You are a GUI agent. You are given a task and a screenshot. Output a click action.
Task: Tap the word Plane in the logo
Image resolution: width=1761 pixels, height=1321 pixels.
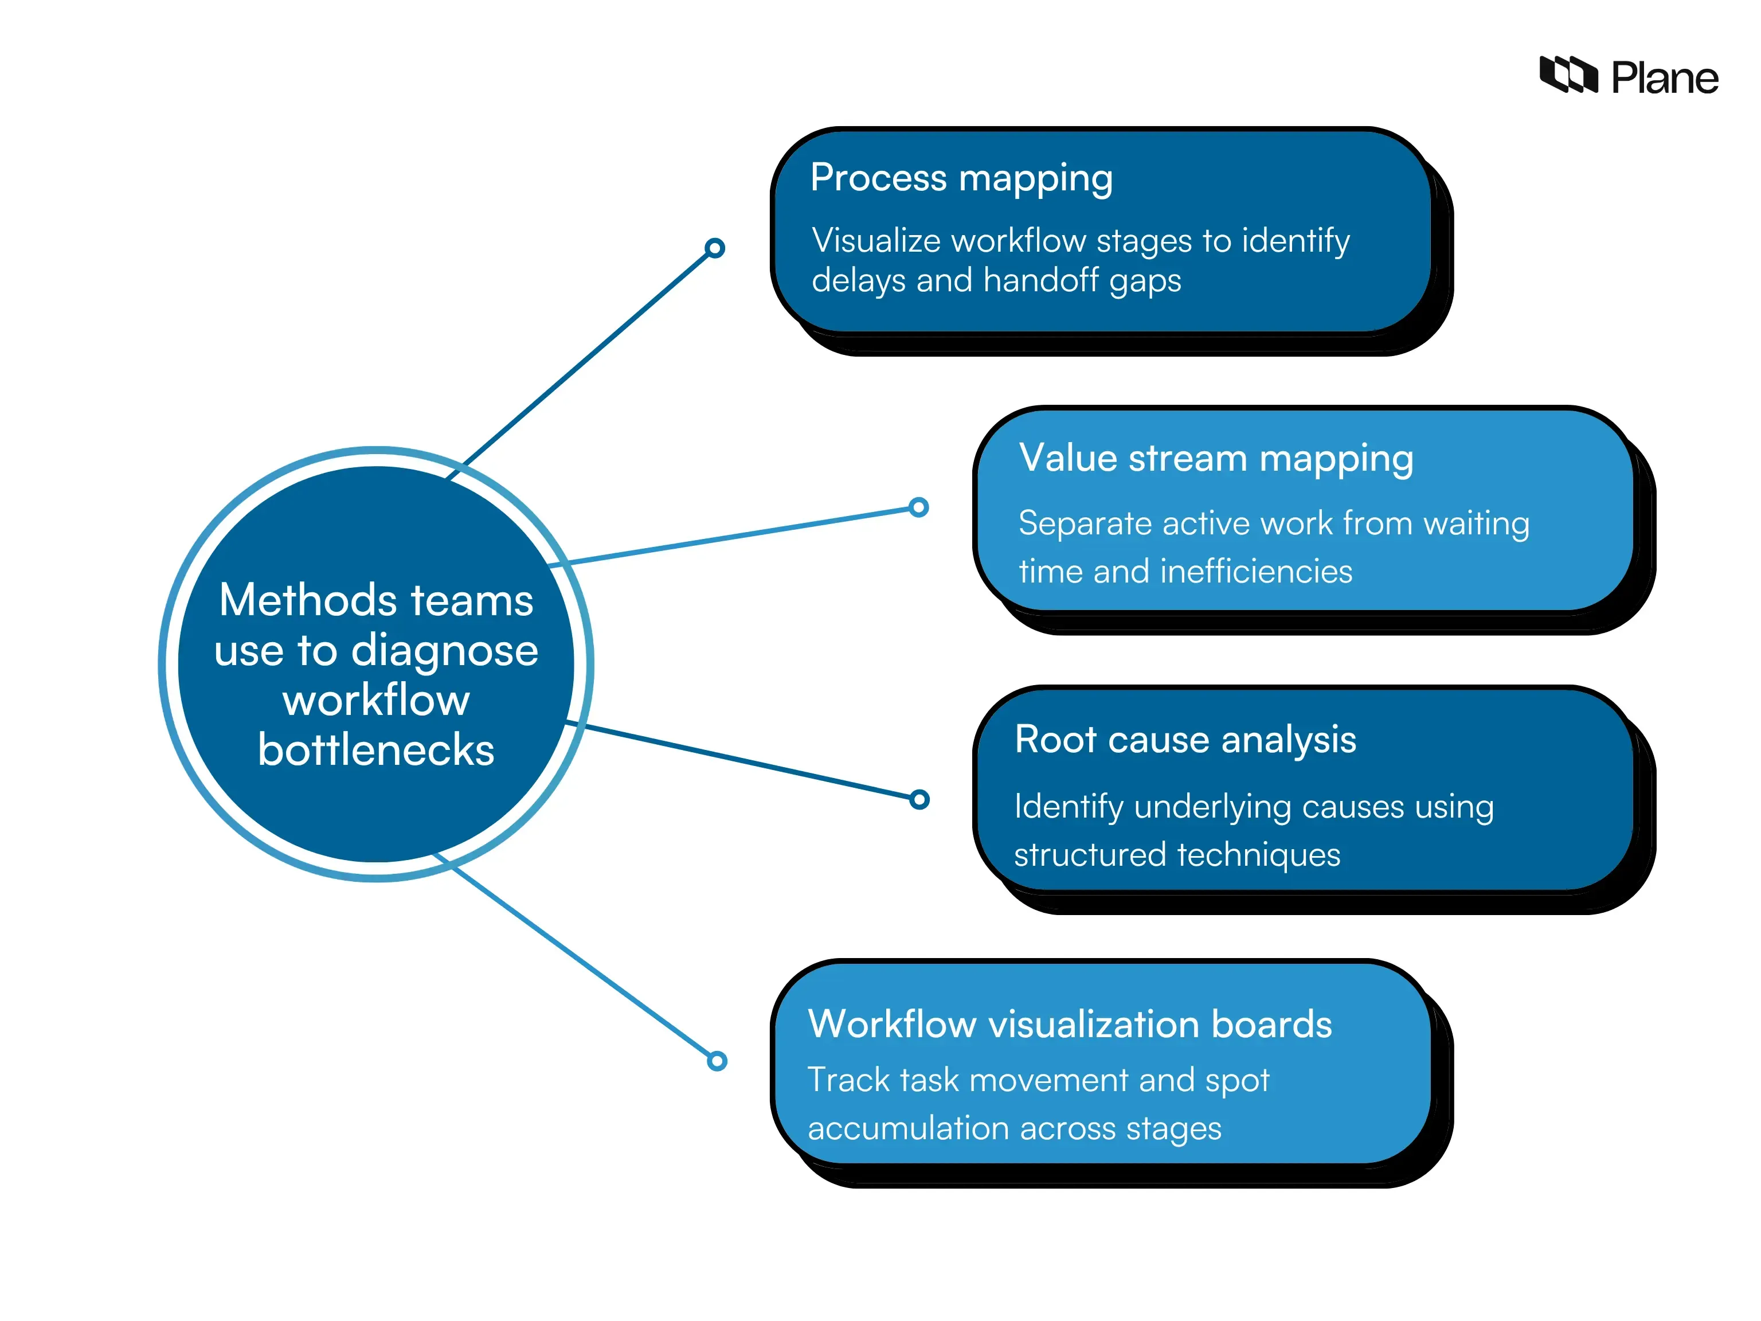(x=1664, y=78)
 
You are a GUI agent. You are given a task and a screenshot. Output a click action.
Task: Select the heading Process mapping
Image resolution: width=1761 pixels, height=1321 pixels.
(x=961, y=178)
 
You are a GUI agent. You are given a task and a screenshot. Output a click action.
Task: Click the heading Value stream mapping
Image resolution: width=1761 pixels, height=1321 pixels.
(x=1216, y=459)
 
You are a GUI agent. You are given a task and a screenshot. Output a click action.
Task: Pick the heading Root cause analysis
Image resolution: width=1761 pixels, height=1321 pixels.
(x=1185, y=740)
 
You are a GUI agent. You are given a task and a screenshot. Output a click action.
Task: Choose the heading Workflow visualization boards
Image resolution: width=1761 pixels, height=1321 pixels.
(x=1069, y=1024)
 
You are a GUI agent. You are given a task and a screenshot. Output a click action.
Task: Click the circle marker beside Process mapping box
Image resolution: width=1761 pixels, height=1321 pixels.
(x=715, y=248)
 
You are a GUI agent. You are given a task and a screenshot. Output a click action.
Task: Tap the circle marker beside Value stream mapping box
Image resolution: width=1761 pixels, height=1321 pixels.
(x=919, y=507)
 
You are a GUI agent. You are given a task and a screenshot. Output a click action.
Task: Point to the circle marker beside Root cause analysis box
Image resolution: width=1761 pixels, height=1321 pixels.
(x=919, y=799)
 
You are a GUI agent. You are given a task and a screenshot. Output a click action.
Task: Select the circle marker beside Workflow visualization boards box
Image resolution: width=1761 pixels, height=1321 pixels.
(x=717, y=1061)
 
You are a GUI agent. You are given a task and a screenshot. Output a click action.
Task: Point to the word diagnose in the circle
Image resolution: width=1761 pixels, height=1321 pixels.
(x=444, y=651)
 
